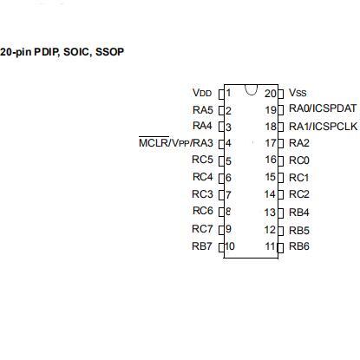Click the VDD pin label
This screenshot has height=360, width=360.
202,93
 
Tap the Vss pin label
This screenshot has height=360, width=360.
298,93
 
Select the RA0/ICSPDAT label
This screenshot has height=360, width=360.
323,108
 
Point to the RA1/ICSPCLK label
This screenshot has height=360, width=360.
324,127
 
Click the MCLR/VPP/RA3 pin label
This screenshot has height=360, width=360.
176,142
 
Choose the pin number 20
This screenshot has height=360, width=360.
271,94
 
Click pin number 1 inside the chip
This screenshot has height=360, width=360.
228,93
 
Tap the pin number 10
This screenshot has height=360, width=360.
230,246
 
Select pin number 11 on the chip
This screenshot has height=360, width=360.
270,246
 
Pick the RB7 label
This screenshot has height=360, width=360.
202,246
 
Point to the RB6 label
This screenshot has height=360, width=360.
299,246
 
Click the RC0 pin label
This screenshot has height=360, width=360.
299,160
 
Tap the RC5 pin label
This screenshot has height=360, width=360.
202,160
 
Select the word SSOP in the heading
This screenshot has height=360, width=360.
109,52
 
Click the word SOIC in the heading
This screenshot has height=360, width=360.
75,52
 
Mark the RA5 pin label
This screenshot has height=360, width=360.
203,110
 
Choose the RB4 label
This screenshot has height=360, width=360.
299,213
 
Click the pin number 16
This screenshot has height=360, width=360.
271,160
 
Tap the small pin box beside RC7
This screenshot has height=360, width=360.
221,230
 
